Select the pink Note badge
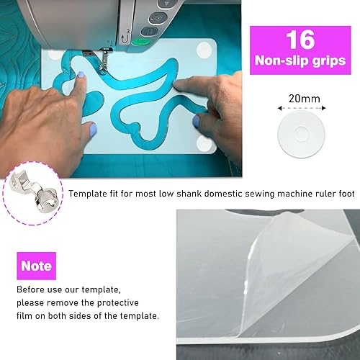click(36, 266)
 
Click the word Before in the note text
click(32, 289)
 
